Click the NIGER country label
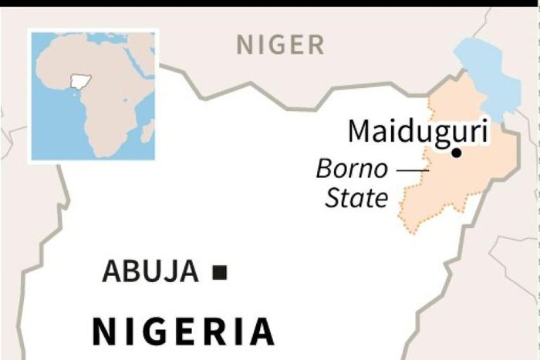coord(280,45)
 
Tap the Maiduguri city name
coord(418,131)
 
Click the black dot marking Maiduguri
coord(456,153)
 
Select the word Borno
coord(353,169)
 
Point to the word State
coord(356,198)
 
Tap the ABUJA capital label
coord(150,271)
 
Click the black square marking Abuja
coord(220,271)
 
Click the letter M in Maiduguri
coord(359,131)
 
